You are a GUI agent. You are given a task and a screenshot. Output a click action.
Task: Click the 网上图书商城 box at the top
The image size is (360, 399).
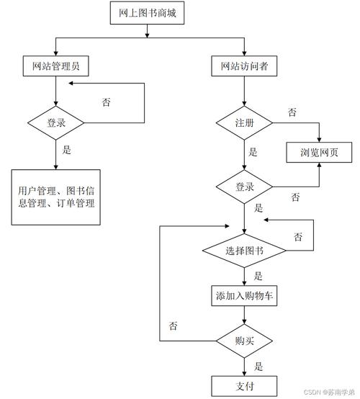[147, 13]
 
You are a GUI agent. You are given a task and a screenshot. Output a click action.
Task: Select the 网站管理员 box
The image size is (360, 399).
[55, 66]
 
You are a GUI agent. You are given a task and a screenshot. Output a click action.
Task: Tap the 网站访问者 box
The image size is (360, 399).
[244, 66]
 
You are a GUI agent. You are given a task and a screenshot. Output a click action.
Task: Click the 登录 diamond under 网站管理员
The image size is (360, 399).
[55, 123]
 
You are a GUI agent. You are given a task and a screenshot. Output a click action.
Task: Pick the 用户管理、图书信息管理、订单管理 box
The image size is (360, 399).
[55, 197]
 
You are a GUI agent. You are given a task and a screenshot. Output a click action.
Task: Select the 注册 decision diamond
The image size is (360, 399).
[244, 123]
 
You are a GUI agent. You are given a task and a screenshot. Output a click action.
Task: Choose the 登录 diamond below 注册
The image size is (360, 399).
[244, 187]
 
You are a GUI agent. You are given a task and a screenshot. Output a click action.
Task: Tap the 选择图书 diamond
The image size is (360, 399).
[244, 251]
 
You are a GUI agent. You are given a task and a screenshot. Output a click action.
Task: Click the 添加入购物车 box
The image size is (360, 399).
[244, 296]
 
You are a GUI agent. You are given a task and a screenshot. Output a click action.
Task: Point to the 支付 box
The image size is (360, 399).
[244, 385]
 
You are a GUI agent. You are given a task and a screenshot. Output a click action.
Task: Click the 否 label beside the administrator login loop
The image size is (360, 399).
[106, 102]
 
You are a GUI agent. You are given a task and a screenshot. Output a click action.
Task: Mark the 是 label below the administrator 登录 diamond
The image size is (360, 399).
[68, 151]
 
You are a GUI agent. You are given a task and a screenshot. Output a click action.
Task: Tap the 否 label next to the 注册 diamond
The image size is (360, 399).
[292, 113]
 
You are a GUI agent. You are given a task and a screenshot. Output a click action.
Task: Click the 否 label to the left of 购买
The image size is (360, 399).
[174, 326]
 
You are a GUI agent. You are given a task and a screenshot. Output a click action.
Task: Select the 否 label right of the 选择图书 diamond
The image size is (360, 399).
[298, 236]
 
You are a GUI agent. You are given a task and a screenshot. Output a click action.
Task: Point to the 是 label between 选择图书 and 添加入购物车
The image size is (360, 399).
[258, 276]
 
